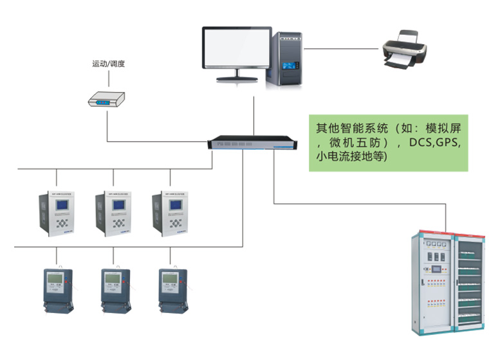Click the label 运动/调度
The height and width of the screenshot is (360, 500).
[108, 64]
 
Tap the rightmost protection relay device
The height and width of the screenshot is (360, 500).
[170, 213]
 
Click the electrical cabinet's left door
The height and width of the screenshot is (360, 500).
[435, 283]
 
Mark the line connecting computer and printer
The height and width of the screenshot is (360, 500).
[344, 48]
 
